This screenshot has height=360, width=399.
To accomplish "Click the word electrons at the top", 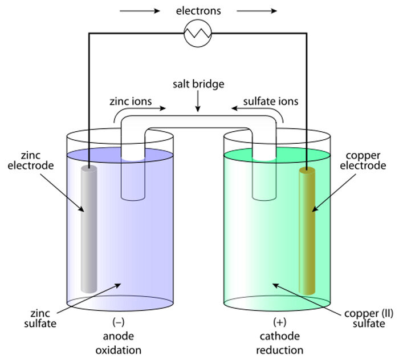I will tap(198, 10).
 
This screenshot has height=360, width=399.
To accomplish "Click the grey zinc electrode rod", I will tap(88, 228).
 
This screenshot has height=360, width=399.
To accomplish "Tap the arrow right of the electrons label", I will tap(256, 10).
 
